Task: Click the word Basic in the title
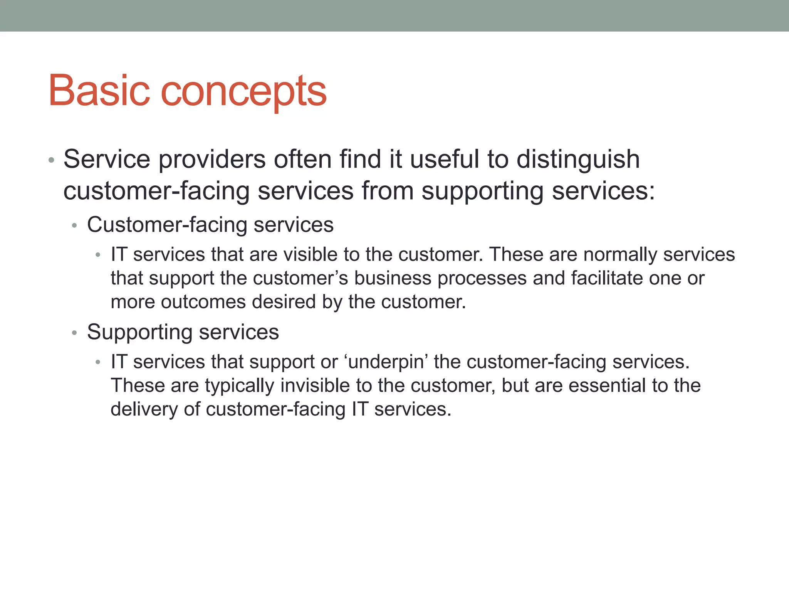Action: click(99, 91)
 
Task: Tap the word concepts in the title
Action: click(243, 92)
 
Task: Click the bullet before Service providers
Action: click(51, 160)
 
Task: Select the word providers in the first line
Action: click(212, 160)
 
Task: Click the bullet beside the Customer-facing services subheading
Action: click(75, 225)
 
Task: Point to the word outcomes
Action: click(203, 302)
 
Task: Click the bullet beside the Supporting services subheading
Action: click(75, 332)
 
